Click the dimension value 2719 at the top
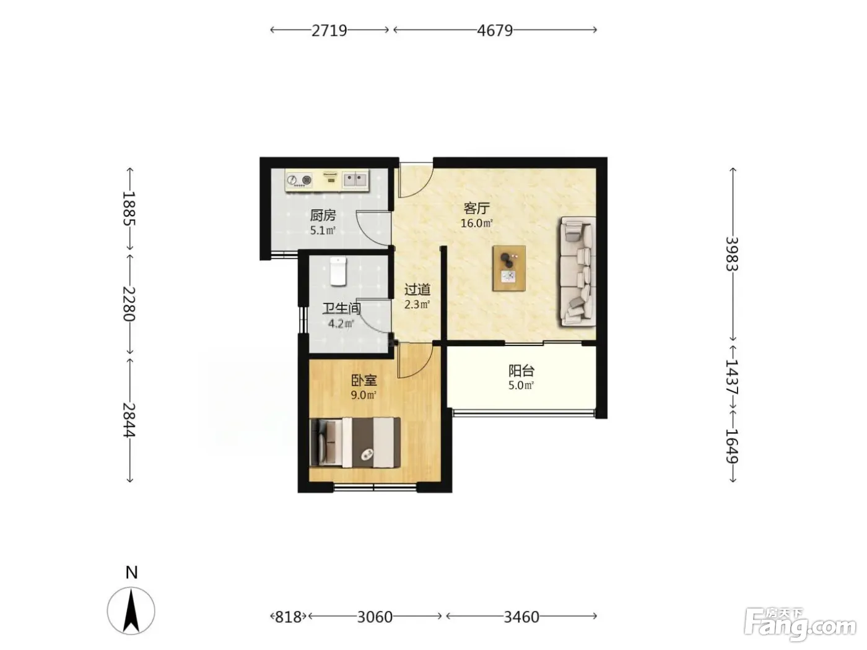point(329,30)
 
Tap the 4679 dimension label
point(495,30)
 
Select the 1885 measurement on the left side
point(129,209)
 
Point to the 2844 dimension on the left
point(129,420)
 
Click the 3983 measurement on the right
point(732,254)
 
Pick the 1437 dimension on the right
point(732,377)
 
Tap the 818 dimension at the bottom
point(288,617)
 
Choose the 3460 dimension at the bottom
point(521,617)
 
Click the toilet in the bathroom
point(338,271)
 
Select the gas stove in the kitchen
point(299,180)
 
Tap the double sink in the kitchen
point(355,180)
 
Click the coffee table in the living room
point(509,269)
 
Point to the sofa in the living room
point(577,272)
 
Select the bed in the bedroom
point(355,443)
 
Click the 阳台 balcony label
point(521,371)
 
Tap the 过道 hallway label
point(417,290)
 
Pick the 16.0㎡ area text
point(477,223)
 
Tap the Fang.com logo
point(799,628)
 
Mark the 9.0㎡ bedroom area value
point(364,395)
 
